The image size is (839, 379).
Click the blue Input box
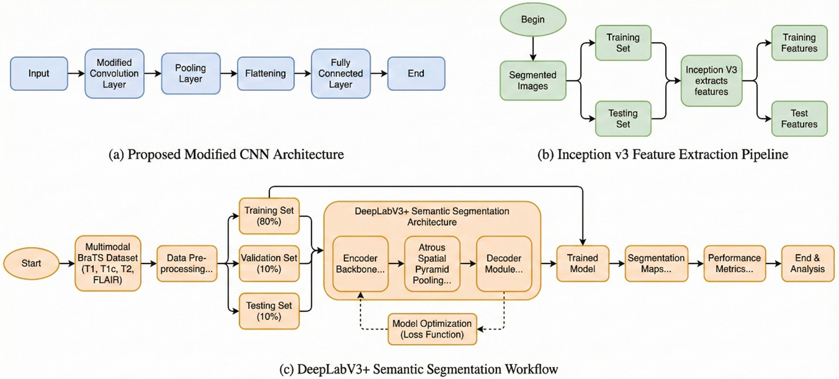pyautogui.click(x=38, y=73)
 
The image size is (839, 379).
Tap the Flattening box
pyautogui.click(x=264, y=73)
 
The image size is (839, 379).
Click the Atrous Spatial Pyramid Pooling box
pyautogui.click(x=431, y=264)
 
